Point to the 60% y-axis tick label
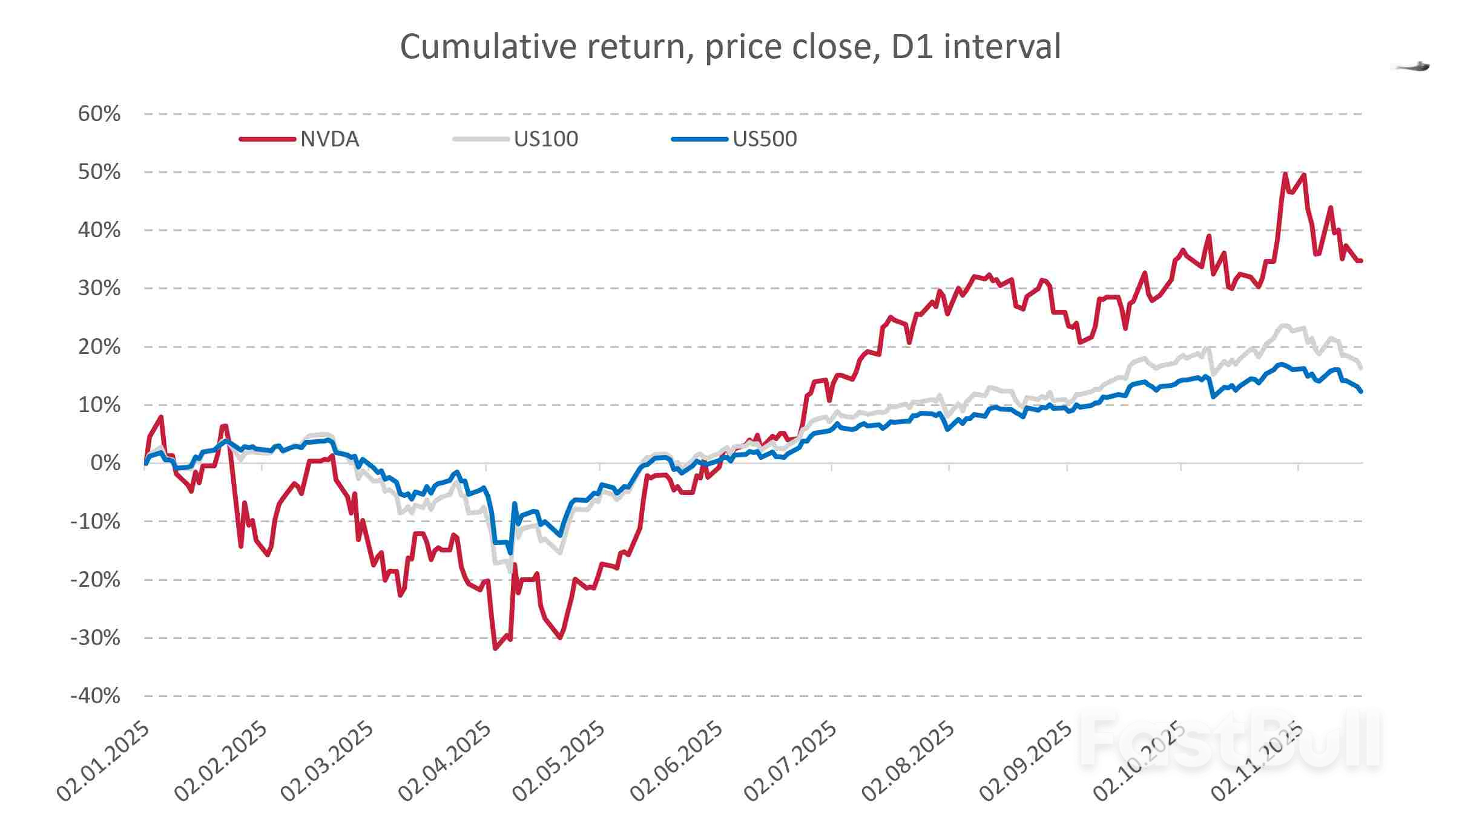[99, 114]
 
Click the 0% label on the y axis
[105, 463]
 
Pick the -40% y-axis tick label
[96, 696]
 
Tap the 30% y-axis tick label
[99, 288]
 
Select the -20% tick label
[96, 580]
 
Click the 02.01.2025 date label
[103, 761]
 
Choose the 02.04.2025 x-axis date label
[445, 761]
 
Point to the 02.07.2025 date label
[790, 761]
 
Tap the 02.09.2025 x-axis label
[1026, 761]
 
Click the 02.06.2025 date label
[676, 761]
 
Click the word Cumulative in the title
[488, 47]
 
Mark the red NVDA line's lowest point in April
[495, 649]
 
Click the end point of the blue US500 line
[1361, 391]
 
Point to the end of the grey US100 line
[1361, 367]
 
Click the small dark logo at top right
[1414, 67]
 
